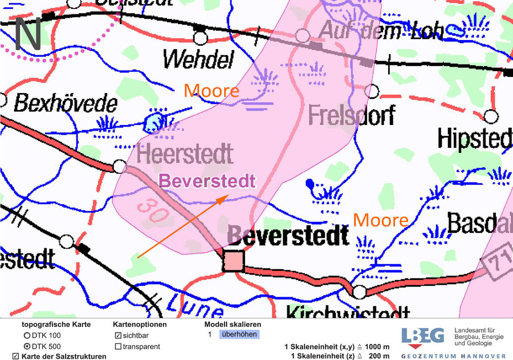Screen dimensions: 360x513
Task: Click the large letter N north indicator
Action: [27, 33]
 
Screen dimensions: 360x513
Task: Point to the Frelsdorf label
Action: [351, 116]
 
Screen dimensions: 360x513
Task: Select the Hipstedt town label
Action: [475, 139]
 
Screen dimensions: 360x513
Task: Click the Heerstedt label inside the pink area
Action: [185, 153]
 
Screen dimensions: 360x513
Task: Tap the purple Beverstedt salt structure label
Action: [207, 181]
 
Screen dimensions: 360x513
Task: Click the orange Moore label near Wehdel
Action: [211, 91]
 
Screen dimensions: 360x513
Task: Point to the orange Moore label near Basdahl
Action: [380, 220]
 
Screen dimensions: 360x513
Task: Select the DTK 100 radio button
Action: [26, 335]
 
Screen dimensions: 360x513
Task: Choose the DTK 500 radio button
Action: [26, 346]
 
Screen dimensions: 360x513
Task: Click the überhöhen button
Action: [239, 334]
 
